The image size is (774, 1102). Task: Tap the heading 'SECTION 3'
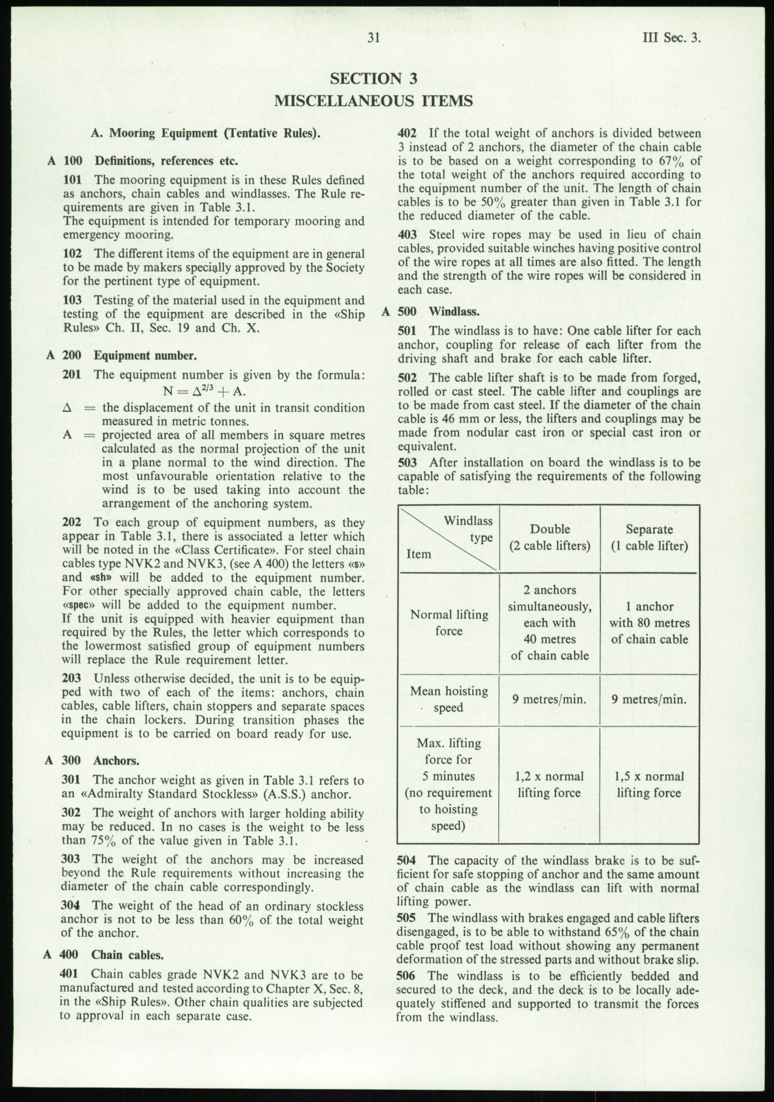pyautogui.click(x=374, y=79)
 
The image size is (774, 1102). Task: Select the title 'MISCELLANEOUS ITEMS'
pyautogui.click(x=374, y=101)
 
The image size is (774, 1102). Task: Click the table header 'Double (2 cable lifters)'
pyautogui.click(x=550, y=538)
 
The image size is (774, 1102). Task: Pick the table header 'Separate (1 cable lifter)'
pyautogui.click(x=649, y=538)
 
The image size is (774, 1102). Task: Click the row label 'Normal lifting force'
pyautogui.click(x=449, y=623)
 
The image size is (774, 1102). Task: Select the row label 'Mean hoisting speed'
pyautogui.click(x=449, y=699)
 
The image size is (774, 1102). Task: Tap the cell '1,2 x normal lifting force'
pyautogui.click(x=549, y=785)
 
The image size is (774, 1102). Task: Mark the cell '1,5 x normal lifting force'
pyautogui.click(x=649, y=785)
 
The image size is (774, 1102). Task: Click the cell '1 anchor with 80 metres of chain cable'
pyautogui.click(x=649, y=623)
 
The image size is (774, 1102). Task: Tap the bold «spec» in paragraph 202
pyautogui.click(x=78, y=605)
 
